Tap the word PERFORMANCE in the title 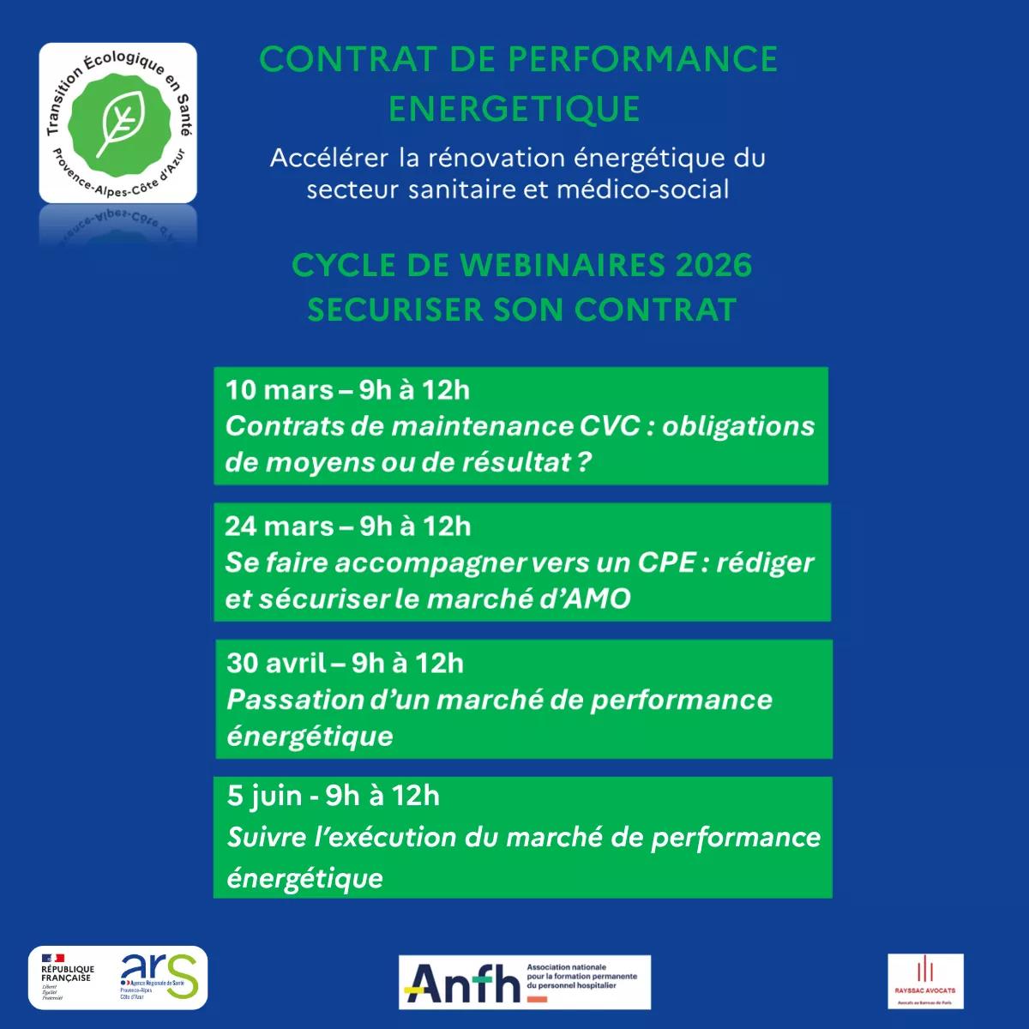pos(642,60)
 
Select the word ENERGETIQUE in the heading pos(514,109)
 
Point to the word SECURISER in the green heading pos(397,310)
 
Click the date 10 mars pos(279,390)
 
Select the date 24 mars pos(280,527)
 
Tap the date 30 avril pos(276,663)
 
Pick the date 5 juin pos(264,797)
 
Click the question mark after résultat pos(584,462)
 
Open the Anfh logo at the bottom pos(464,983)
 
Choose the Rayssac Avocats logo pos(925,980)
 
